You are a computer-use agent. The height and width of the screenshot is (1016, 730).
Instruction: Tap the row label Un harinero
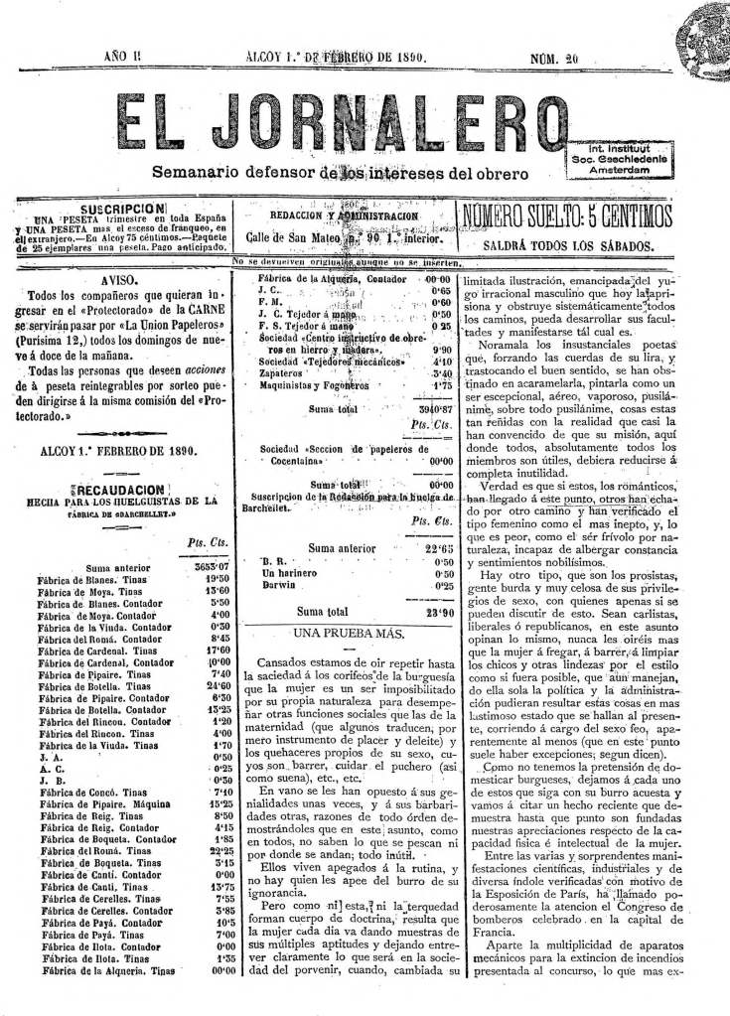tap(288, 573)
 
